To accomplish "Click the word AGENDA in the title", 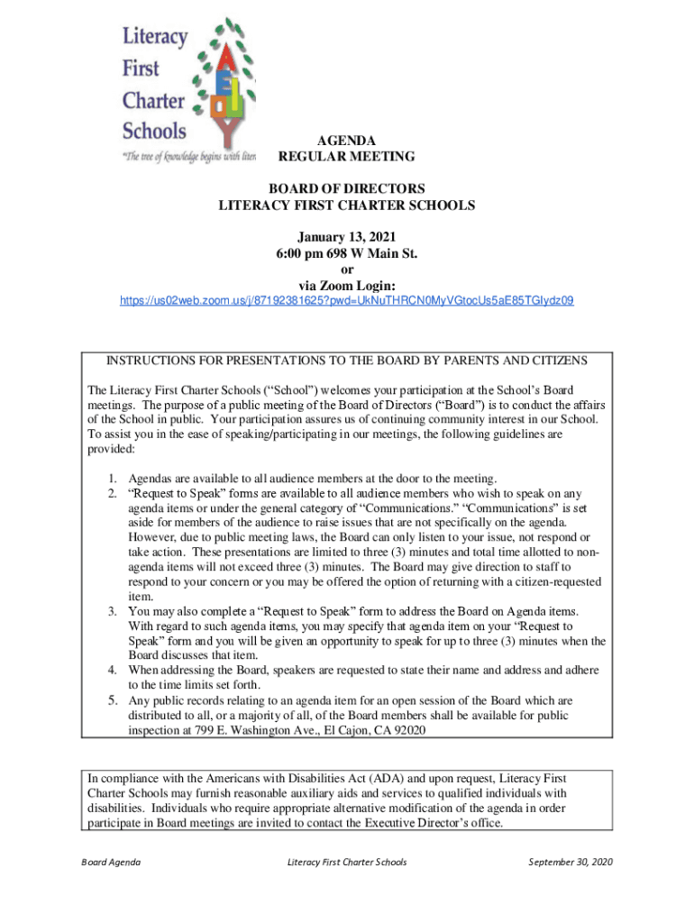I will point(346,141).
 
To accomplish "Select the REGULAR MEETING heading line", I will point(346,157).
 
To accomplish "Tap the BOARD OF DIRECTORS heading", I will point(347,188).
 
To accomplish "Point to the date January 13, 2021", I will point(347,236).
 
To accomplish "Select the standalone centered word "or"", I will point(347,270).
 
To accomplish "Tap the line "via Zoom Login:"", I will point(347,286).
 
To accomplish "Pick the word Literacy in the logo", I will point(155,38).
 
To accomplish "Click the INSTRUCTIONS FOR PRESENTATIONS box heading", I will point(347,361).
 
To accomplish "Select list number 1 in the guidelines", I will point(114,478).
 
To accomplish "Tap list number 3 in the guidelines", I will point(114,611).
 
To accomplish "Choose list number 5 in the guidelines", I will point(114,700).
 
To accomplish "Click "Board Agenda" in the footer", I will point(109,862).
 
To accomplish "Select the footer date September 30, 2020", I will point(570,862).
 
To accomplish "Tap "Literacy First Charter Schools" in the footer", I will point(347,862).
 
